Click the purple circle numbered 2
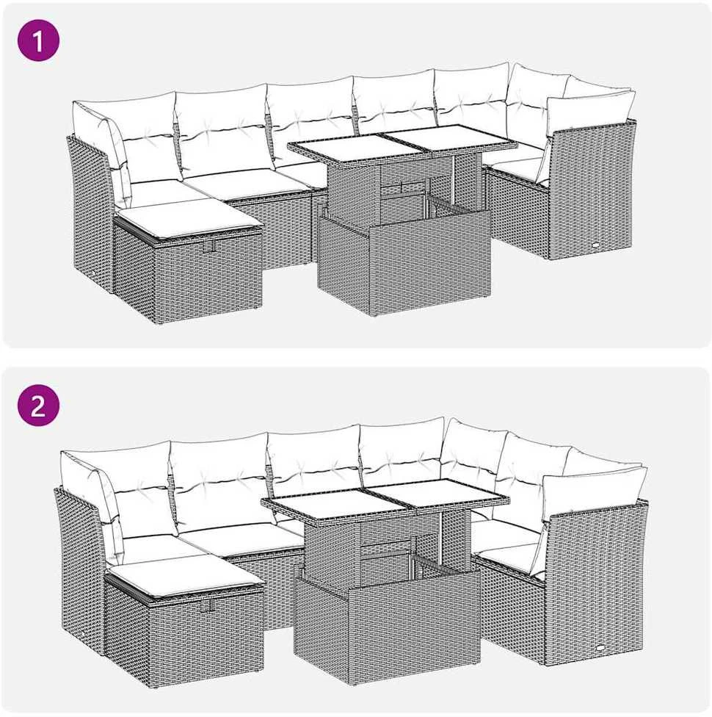point(38,405)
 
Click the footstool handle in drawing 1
point(211,246)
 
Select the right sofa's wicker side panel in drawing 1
point(592,190)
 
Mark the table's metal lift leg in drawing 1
point(454,180)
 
